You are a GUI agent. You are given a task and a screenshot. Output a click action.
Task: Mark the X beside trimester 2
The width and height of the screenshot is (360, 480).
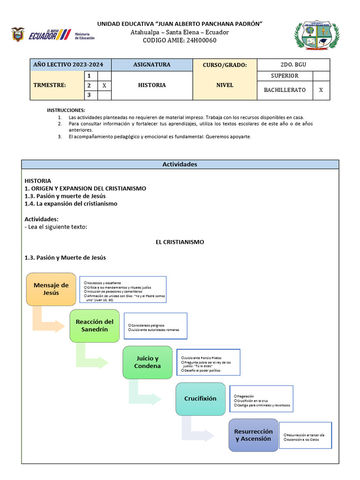tap(104, 86)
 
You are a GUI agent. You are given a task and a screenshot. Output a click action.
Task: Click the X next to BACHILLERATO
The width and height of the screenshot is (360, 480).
tap(321, 90)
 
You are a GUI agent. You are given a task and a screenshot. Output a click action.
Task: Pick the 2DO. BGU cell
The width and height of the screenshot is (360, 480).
tap(293, 65)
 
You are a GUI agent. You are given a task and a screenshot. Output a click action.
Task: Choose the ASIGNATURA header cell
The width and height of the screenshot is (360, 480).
tap(152, 65)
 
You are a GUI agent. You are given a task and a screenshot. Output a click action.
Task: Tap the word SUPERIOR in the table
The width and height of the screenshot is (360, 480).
tap(285, 76)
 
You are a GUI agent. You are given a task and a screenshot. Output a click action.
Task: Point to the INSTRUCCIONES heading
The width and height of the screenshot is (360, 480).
tap(66, 110)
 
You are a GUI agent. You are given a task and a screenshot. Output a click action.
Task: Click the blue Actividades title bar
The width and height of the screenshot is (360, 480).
tap(180, 165)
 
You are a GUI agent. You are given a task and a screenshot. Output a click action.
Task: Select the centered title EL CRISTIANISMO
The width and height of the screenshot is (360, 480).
tap(180, 242)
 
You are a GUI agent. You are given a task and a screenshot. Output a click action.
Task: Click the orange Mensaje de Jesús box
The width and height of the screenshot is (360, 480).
tap(51, 289)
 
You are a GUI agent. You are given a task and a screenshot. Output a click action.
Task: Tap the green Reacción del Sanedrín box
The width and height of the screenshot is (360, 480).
tap(95, 325)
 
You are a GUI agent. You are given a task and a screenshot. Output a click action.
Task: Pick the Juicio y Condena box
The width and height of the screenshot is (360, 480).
tap(147, 362)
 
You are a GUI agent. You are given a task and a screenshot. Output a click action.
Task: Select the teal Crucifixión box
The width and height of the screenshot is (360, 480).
tap(200, 398)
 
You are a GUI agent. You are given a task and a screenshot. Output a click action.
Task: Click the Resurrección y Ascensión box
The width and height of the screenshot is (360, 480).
tap(253, 435)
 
